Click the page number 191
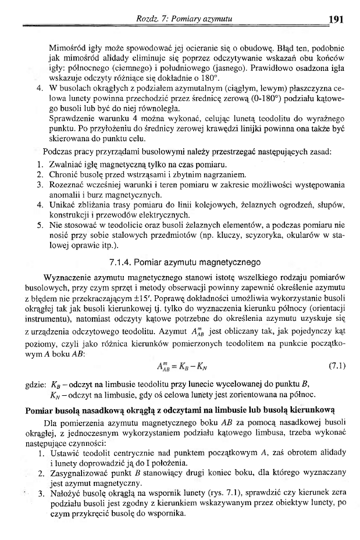337,19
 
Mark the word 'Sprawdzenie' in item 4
74,130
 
